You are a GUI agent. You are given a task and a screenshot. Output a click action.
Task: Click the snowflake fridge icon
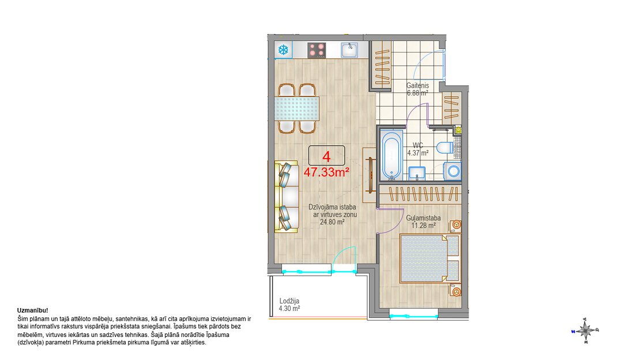click(x=283, y=50)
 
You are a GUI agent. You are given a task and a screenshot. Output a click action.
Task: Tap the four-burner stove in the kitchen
click(x=317, y=50)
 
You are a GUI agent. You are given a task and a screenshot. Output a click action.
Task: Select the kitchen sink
click(x=349, y=50)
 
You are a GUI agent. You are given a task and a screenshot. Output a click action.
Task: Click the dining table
click(x=297, y=108)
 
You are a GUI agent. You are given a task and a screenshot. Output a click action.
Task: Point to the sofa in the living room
click(x=287, y=197)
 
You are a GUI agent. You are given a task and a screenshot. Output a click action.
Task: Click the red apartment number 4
click(x=326, y=157)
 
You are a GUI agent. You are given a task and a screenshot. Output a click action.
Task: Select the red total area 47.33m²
click(x=326, y=172)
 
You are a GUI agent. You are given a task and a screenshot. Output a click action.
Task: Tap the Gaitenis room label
click(x=417, y=86)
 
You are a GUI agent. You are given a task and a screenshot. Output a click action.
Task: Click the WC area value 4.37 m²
click(x=418, y=153)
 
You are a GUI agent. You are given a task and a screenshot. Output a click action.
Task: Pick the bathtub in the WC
click(x=392, y=155)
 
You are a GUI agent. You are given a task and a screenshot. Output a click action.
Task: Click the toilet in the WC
click(x=444, y=147)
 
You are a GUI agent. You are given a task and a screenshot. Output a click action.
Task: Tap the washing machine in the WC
click(x=453, y=171)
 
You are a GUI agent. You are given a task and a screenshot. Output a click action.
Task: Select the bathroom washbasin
click(x=417, y=173)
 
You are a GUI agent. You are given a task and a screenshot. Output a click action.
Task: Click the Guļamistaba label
click(x=423, y=218)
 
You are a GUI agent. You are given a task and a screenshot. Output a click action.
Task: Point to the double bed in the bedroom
click(x=430, y=258)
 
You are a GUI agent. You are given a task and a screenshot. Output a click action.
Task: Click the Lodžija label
click(x=289, y=301)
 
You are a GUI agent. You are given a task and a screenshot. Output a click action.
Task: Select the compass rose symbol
click(x=585, y=330)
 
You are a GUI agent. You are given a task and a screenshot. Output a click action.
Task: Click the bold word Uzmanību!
click(x=33, y=310)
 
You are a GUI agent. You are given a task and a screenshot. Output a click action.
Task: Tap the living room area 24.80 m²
click(x=332, y=222)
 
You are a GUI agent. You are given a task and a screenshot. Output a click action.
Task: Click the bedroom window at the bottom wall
click(x=414, y=316)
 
